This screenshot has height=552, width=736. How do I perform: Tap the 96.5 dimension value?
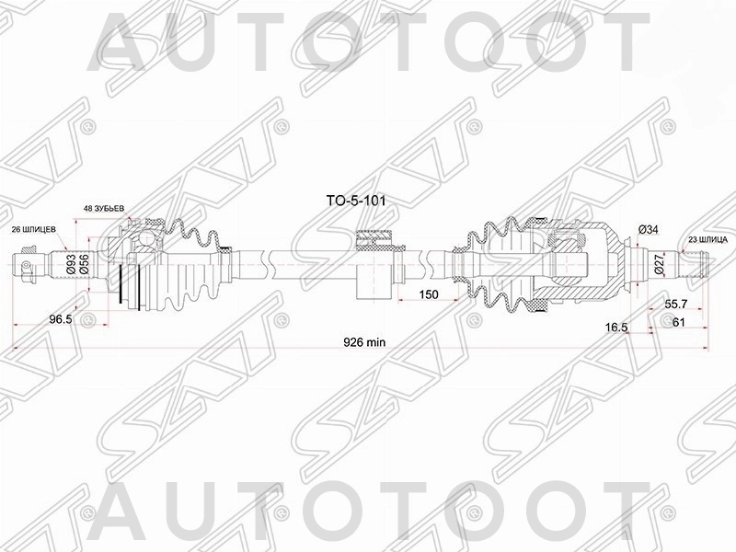point(61,319)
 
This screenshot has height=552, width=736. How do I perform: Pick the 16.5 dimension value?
point(616,326)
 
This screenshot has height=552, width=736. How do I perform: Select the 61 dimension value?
point(678,323)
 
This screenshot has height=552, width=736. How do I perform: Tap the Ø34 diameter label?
point(649,229)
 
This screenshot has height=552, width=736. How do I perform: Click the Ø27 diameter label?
point(658,267)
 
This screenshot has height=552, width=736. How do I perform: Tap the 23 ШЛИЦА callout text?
point(707,239)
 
